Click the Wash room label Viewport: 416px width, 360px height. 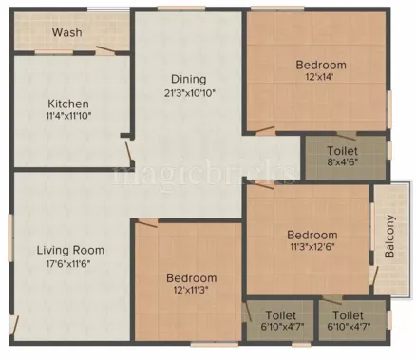coord(66,31)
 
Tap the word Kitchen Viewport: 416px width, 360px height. coord(68,103)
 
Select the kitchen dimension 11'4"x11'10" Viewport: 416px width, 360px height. coord(68,115)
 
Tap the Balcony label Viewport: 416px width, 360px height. coord(390,238)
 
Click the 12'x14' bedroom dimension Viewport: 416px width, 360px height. coord(320,78)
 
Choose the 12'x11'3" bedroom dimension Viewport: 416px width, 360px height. coord(191,291)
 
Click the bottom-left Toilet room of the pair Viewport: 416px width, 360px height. coord(281,320)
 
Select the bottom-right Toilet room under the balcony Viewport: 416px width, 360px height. coord(353,320)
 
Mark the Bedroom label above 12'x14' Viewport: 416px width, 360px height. coord(320,65)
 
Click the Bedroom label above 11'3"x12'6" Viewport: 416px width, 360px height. coord(312,235)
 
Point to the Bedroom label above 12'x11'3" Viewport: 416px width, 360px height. coord(191,278)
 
